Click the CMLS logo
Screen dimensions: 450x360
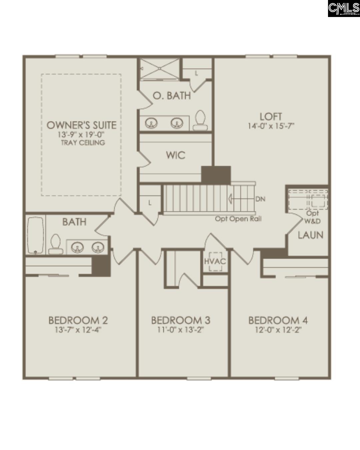[344, 9]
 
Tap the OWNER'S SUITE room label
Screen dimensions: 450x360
[81, 125]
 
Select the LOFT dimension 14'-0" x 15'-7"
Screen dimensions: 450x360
[271, 126]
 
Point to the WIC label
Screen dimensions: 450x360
[176, 155]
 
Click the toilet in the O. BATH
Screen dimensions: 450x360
[200, 120]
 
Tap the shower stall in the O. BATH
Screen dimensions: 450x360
[159, 69]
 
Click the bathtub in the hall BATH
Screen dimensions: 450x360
[36, 235]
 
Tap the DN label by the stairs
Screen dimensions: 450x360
[260, 199]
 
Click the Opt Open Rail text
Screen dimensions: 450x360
[238, 219]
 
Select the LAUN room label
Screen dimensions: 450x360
[310, 235]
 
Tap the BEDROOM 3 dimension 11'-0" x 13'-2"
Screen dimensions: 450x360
[180, 330]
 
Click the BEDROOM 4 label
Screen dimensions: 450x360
[278, 320]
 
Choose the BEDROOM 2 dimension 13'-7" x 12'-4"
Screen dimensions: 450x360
[78, 330]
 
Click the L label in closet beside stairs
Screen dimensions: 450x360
[150, 202]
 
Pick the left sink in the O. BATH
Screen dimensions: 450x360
[151, 123]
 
